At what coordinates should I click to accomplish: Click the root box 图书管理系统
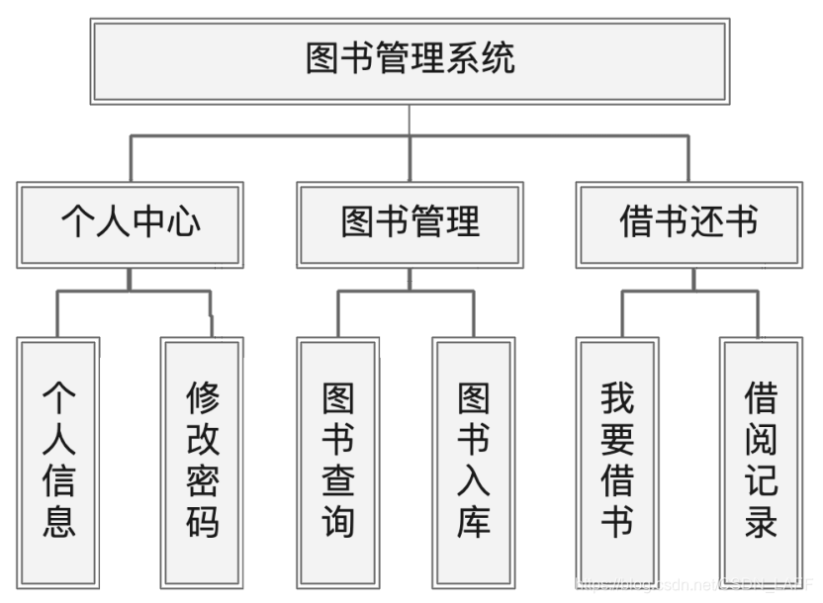coord(410,60)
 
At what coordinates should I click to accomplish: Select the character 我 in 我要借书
coord(617,399)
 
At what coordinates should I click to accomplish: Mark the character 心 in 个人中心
coord(183,221)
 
